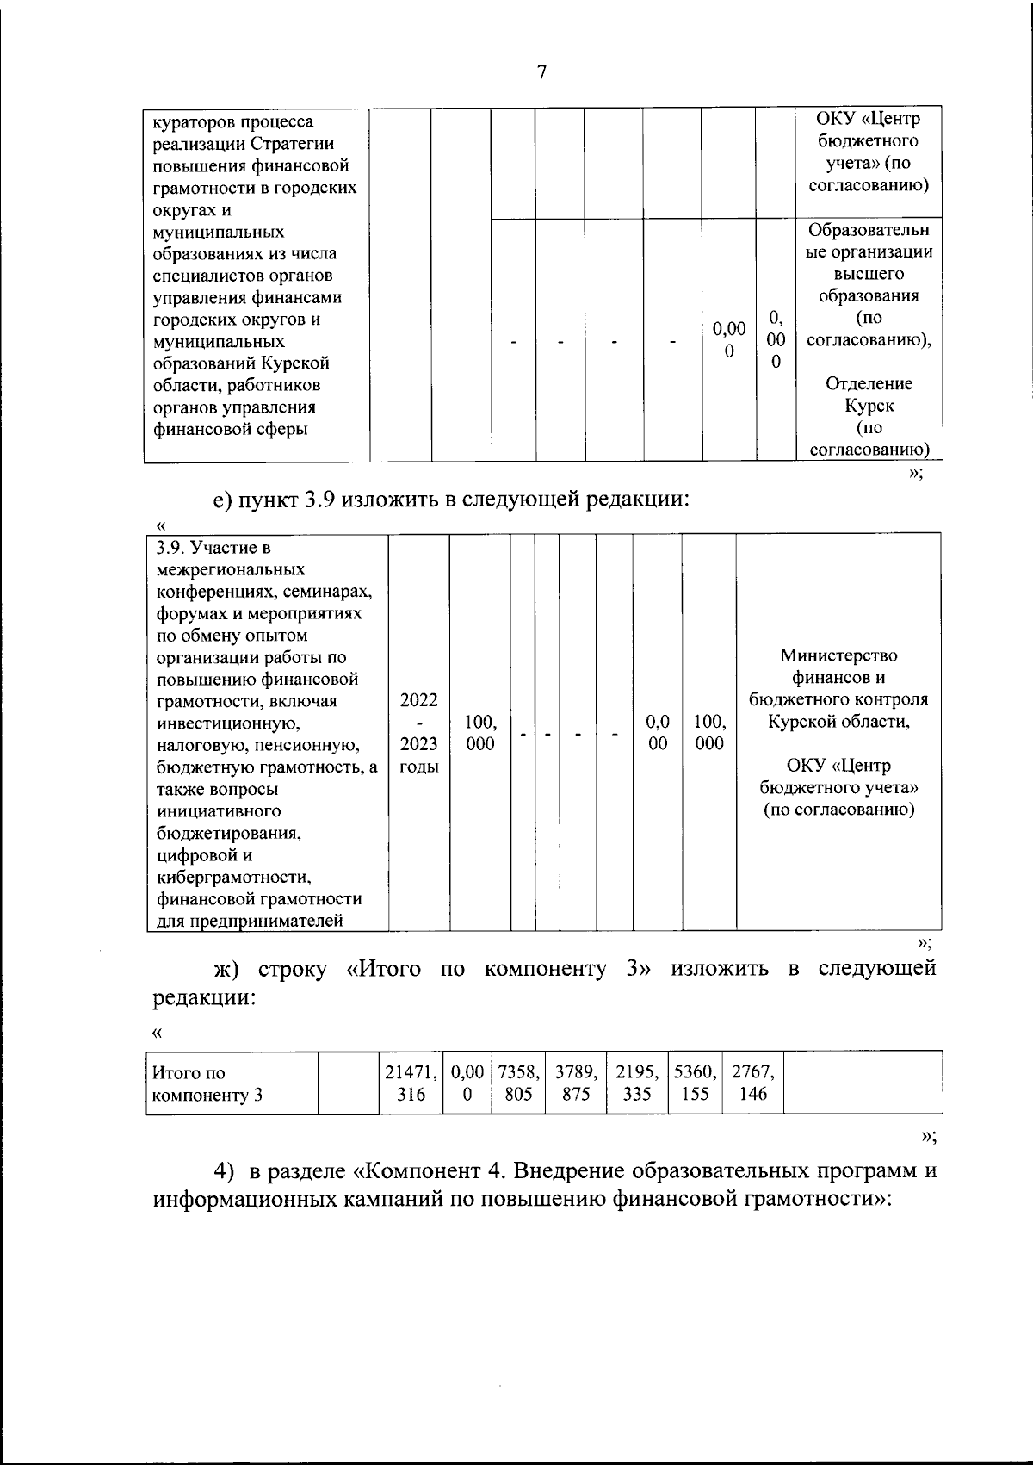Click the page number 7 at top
(541, 72)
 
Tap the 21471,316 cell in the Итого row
(411, 1083)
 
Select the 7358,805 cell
(518, 1083)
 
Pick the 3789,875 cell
(576, 1083)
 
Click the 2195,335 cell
(636, 1083)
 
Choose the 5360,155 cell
(695, 1083)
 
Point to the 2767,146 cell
(753, 1083)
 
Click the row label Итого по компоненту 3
(207, 1083)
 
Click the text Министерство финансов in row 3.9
(838, 667)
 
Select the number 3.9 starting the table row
(169, 548)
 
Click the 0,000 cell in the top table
(728, 339)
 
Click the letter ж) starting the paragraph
(226, 970)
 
